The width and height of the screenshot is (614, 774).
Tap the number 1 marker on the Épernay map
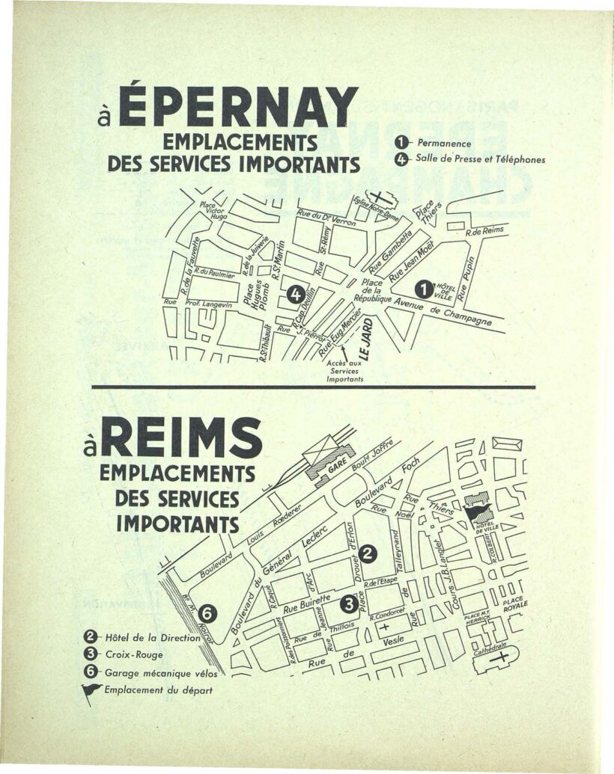[425, 287]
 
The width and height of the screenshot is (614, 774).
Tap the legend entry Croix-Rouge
[129, 654]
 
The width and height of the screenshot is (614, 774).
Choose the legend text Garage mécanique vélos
[156, 672]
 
